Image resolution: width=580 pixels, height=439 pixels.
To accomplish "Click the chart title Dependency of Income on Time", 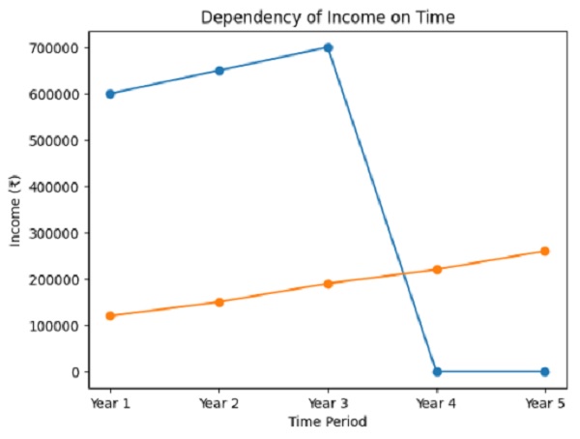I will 328,16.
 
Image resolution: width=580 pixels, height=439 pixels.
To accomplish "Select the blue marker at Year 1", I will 110,94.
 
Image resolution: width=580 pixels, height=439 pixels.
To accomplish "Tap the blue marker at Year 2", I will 219,71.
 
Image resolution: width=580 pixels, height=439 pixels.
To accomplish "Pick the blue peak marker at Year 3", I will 328,47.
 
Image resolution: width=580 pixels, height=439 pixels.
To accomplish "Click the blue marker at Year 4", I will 437,371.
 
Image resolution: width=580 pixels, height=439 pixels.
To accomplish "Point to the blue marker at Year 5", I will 545,371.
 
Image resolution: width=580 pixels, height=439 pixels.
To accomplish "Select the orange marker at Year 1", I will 110,316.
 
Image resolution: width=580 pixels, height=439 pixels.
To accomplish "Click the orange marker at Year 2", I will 219,302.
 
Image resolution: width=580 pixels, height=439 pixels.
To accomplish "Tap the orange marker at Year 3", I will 328,283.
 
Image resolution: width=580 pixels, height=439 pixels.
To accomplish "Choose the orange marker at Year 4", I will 437,270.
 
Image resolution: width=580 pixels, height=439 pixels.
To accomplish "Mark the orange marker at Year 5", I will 545,251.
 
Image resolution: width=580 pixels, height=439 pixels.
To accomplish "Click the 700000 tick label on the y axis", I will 56,47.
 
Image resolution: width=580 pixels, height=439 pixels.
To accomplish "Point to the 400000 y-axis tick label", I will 56,187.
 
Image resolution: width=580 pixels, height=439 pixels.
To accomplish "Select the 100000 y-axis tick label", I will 56,326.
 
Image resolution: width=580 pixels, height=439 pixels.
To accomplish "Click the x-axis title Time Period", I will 328,422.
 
